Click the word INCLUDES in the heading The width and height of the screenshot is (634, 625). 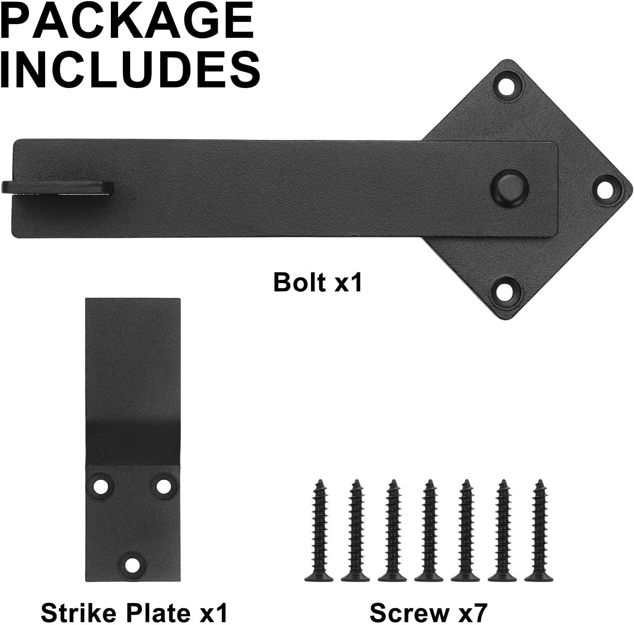(x=130, y=68)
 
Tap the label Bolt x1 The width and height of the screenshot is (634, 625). (x=318, y=282)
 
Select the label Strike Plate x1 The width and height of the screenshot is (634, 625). (x=134, y=611)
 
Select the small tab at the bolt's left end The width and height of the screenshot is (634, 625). (x=57, y=187)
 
